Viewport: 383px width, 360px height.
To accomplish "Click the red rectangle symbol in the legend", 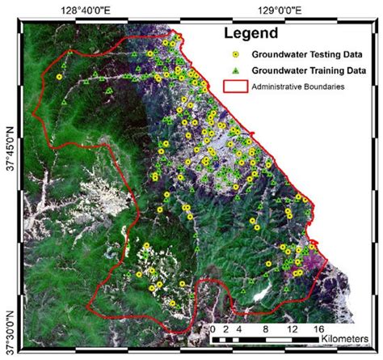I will point(234,87).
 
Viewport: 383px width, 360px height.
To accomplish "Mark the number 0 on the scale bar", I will point(212,330).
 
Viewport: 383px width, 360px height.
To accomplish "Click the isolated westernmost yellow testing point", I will point(59,77).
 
